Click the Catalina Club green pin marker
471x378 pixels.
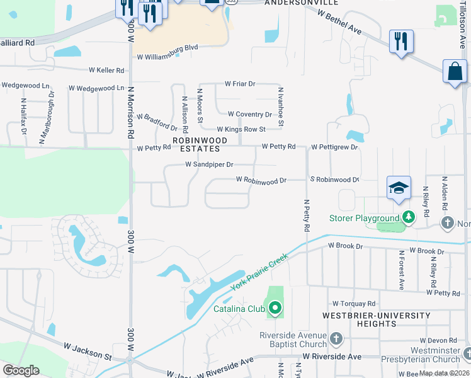tap(275, 308)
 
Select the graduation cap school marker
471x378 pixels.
tap(399, 188)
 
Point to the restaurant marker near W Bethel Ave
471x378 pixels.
tap(401, 42)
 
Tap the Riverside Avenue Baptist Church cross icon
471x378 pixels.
tap(336, 339)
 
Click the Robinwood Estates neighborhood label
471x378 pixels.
tap(196, 144)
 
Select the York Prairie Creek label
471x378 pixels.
tap(259, 272)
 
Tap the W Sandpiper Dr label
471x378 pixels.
tap(209, 164)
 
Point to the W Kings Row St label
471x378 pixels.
tap(241, 129)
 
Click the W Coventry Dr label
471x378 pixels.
tap(249, 115)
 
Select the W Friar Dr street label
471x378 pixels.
tap(240, 84)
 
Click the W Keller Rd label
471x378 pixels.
tap(108, 70)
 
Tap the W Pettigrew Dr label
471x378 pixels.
tap(334, 147)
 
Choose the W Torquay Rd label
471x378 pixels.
tap(354, 303)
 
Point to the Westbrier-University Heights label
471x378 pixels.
tap(377, 319)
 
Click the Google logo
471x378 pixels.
tap(21, 370)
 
